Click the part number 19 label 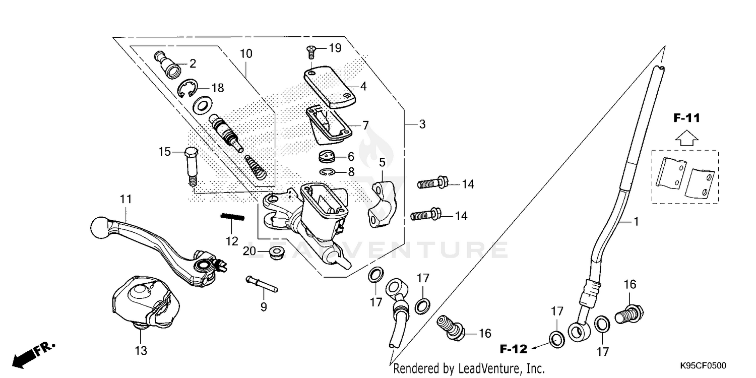(335, 48)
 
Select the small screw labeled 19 (311, 50)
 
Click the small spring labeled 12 (232, 217)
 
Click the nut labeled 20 (276, 252)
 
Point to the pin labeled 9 (262, 284)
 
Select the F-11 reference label (686, 119)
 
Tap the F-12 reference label (513, 349)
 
